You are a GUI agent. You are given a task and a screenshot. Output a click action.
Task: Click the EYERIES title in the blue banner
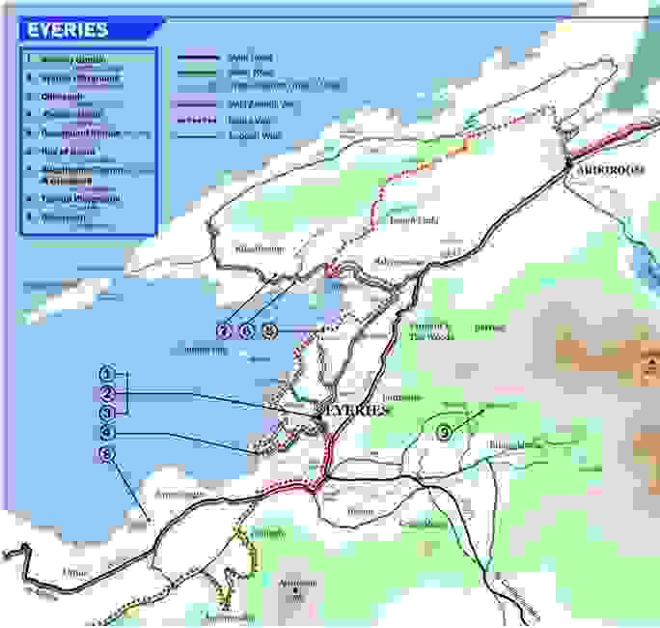68,30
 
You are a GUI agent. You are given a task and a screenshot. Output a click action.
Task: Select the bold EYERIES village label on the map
353,410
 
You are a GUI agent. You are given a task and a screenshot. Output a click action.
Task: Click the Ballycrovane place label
399,262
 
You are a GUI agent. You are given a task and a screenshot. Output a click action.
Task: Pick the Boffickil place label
490,328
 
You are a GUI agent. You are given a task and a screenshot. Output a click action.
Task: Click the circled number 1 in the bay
107,374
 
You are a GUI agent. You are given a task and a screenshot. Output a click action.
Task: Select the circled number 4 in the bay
107,431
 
